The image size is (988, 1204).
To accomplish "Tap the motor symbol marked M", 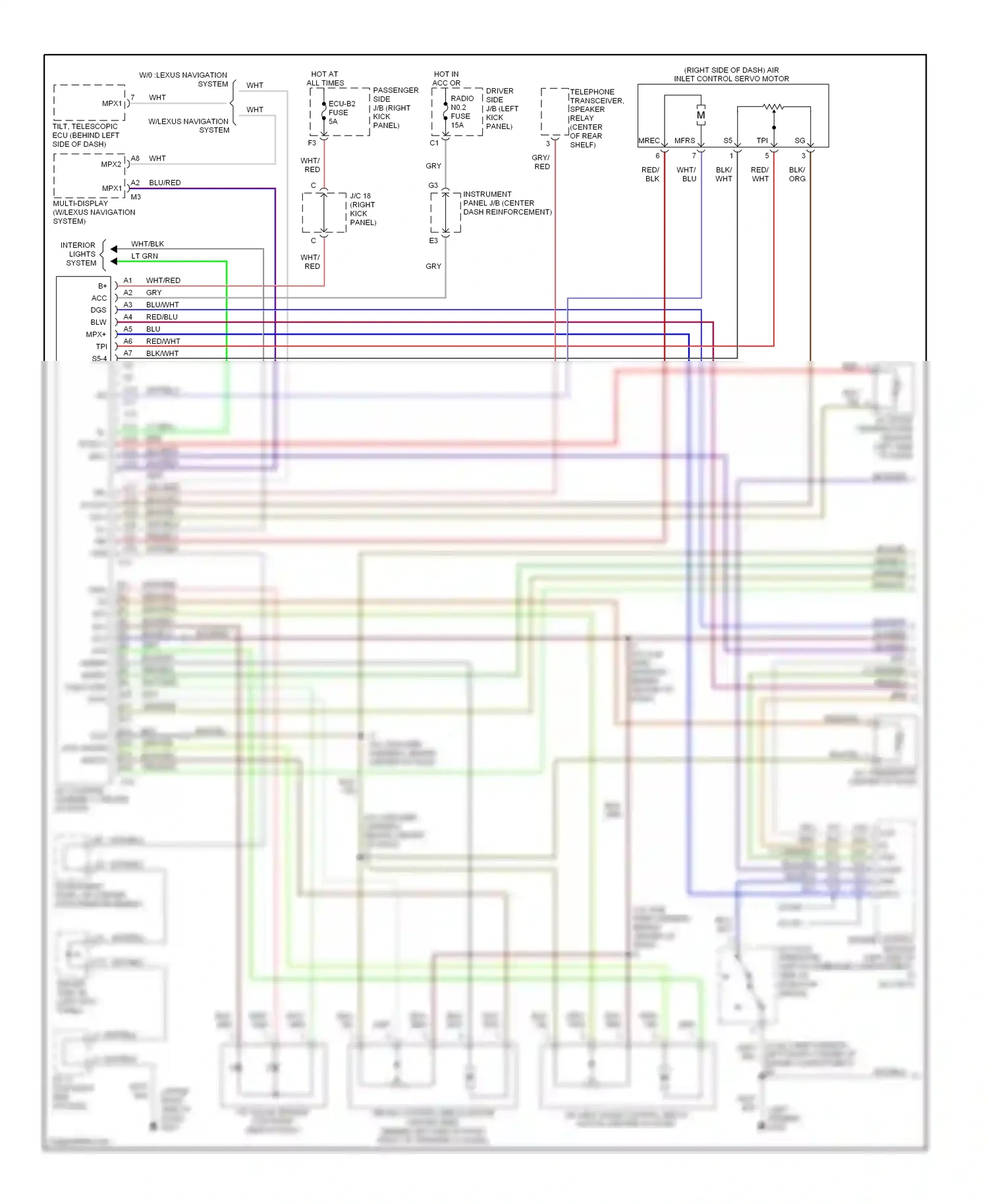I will coord(701,115).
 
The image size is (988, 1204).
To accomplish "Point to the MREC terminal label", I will coord(649,141).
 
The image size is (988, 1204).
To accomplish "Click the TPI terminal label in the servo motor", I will coord(762,141).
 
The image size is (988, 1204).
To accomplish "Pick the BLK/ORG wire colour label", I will coord(797,175).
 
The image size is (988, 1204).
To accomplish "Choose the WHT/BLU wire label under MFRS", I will coord(686,175).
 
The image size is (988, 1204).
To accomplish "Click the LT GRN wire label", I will coord(145,256).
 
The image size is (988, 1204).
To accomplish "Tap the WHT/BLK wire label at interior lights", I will coord(148,244).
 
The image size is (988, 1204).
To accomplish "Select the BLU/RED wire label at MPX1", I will coord(165,183).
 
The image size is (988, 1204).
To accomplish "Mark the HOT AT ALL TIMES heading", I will coord(325,78).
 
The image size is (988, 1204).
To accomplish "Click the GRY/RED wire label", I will coord(541,162).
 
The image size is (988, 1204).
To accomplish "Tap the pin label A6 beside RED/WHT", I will coord(128,341).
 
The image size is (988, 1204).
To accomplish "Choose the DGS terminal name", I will coord(98,310).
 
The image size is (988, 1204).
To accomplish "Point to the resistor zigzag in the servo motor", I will coord(773,106).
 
